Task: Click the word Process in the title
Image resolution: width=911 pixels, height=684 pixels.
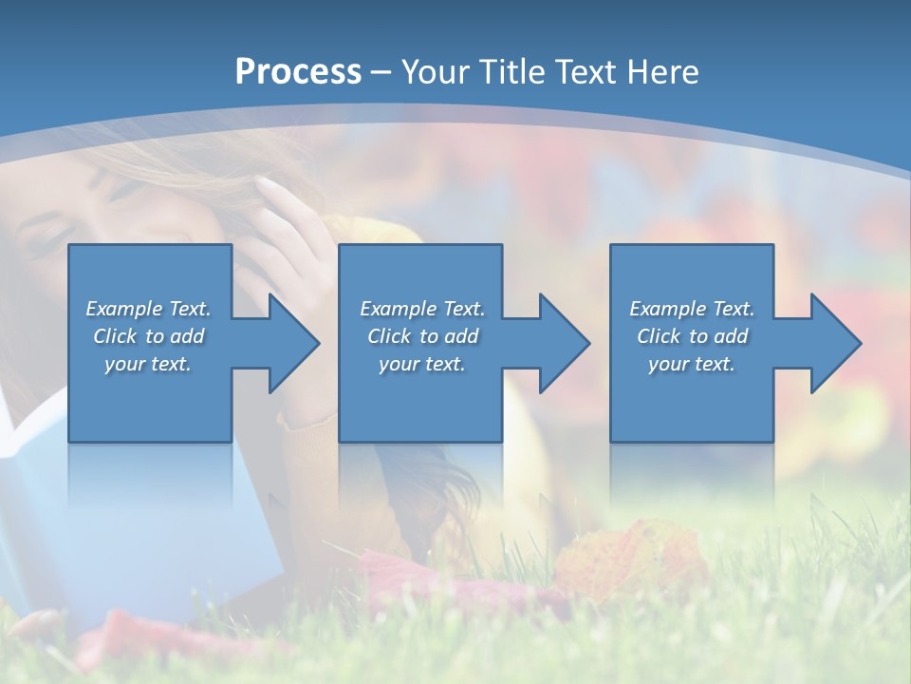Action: tap(298, 71)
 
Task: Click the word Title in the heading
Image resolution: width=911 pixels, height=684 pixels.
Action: tap(514, 71)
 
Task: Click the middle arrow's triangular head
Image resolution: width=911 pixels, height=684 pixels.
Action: tap(563, 343)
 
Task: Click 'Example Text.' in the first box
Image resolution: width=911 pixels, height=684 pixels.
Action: tap(148, 309)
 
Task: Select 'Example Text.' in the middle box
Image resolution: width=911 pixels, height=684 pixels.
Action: tap(422, 309)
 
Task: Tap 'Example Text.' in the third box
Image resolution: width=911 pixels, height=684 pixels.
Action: tap(692, 309)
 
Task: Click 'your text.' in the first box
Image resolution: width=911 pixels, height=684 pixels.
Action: tap(148, 364)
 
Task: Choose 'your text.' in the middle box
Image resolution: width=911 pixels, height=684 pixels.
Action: tap(422, 364)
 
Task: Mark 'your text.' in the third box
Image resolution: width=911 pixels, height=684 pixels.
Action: tap(692, 364)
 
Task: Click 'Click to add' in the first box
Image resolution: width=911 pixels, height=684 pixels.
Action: tap(148, 336)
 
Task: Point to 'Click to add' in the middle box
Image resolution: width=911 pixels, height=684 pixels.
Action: tap(422, 336)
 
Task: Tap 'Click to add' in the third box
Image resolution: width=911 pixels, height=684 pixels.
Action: tap(692, 336)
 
